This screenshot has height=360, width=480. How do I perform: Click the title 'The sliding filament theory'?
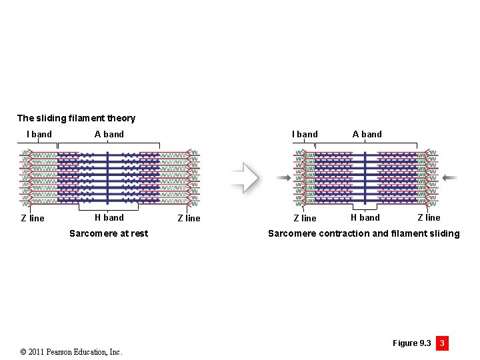coord(76,118)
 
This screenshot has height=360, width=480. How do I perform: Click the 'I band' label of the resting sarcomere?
coord(39,134)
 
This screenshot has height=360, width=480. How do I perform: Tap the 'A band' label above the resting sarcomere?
coord(109,134)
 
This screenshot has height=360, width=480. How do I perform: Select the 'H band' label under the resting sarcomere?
coord(109,217)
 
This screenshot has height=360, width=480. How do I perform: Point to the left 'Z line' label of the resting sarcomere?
coord(33,218)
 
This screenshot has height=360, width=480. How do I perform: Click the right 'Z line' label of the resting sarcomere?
coord(189,218)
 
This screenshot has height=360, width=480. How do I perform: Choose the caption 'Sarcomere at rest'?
coord(109,233)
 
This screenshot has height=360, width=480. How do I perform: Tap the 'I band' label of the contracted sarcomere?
coord(305,134)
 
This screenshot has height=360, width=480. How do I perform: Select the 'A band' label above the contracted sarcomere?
coord(367,134)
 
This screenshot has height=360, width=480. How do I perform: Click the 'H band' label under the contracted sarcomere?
coord(365,217)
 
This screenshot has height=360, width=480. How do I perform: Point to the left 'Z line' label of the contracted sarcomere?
coord(305,218)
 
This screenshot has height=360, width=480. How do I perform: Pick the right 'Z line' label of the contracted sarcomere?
coord(429,217)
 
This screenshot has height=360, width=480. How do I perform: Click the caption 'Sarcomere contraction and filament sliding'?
coord(363,233)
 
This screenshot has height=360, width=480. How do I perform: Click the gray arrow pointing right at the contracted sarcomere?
coord(283,177)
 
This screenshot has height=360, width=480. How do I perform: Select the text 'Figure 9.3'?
coord(411,343)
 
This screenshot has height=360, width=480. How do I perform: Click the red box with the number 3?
coord(441,343)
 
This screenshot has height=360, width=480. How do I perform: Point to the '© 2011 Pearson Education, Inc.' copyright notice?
coord(71,351)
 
